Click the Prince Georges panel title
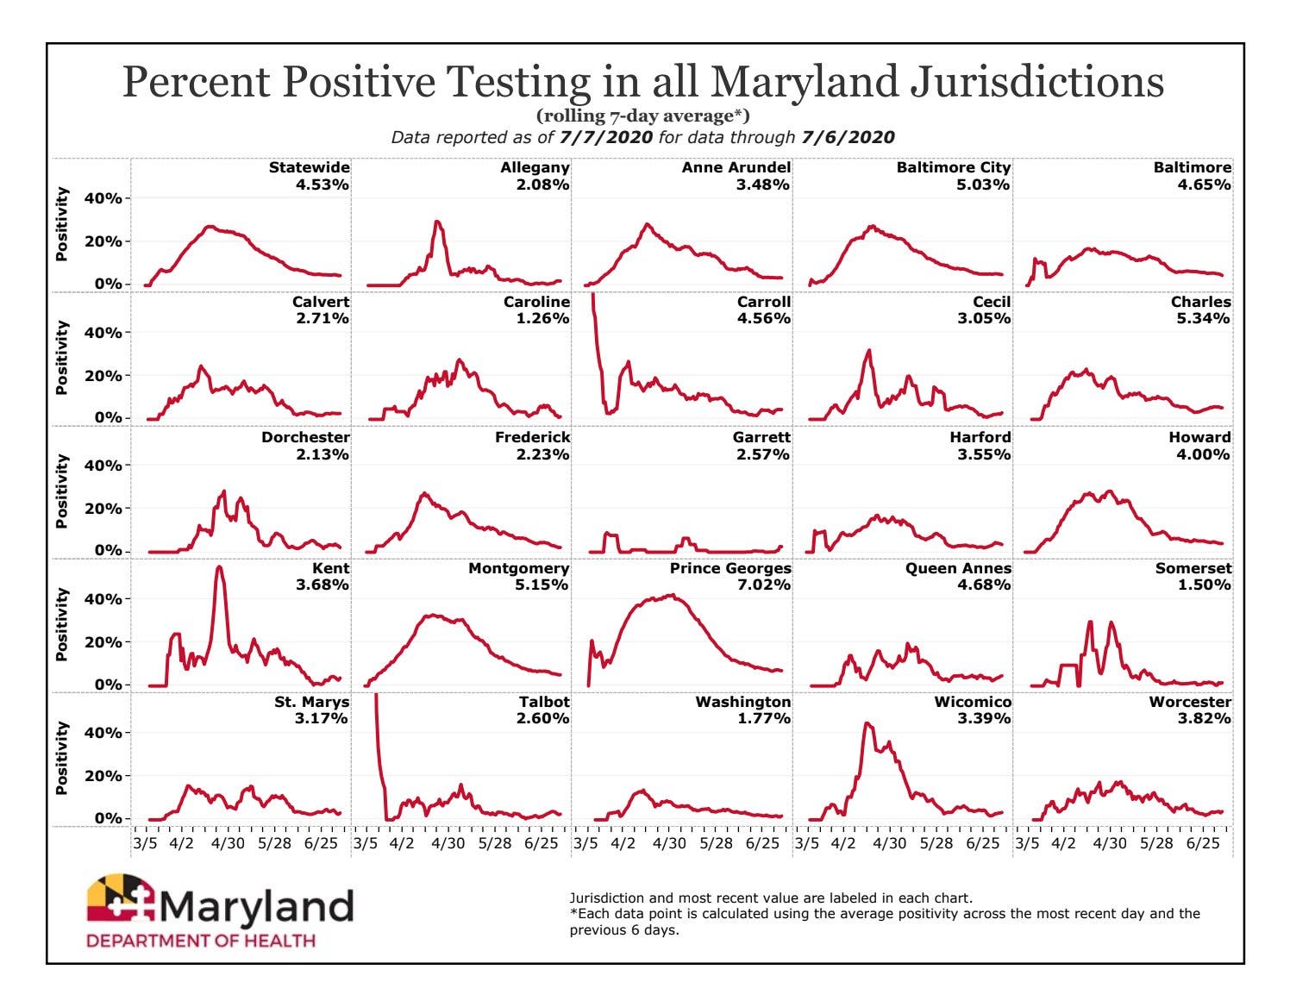coord(730,569)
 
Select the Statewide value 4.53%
coord(322,185)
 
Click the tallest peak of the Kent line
coord(219,567)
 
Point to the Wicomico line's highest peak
coord(867,724)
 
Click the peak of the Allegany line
coord(437,222)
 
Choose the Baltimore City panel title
coord(953,168)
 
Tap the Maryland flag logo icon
coord(121,903)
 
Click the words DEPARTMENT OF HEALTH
coord(201,940)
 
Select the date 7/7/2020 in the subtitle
coord(604,137)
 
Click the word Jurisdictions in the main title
coord(1036,82)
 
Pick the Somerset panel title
coord(1193,569)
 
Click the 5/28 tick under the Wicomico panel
coord(936,843)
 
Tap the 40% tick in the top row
coord(103,198)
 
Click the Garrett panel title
coord(761,437)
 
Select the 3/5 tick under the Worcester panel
coord(1027,843)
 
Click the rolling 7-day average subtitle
coord(643,116)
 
